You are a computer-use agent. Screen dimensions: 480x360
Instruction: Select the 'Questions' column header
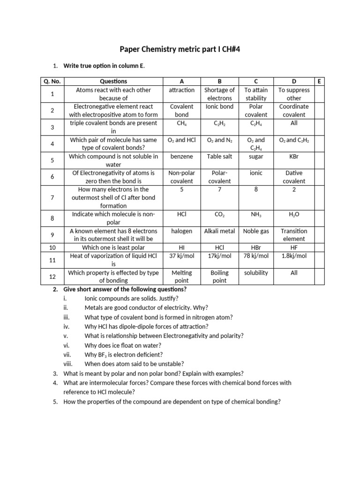click(110, 81)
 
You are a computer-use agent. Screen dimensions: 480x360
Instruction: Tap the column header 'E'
click(319, 81)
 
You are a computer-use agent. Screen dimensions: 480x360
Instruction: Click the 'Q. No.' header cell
click(52, 81)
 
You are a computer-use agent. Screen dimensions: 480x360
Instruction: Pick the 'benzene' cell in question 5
click(181, 156)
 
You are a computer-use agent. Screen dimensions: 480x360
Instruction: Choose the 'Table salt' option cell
click(219, 156)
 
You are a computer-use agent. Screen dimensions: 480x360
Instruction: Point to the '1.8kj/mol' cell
click(294, 255)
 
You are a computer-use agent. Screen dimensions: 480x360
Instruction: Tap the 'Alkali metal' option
click(219, 231)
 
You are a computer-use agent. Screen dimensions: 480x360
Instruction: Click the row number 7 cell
click(52, 197)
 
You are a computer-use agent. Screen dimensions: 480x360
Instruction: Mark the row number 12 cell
click(52, 277)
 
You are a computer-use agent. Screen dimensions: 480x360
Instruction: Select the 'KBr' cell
click(294, 156)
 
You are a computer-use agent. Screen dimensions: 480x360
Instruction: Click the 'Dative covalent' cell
click(294, 177)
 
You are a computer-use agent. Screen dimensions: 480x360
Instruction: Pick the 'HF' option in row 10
click(294, 247)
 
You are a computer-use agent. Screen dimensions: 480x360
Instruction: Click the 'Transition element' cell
click(294, 234)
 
